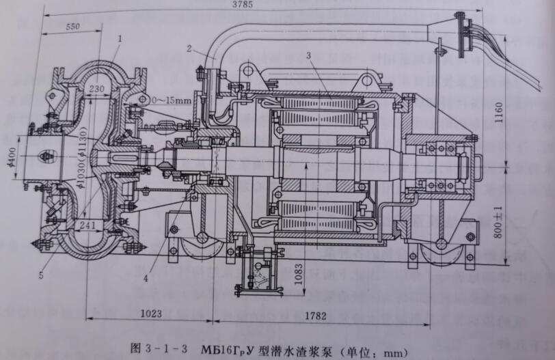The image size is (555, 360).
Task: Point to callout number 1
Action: [x=119, y=40]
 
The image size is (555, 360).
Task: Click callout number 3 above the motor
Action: [x=309, y=54]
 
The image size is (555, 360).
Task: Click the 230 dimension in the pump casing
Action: [x=97, y=89]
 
